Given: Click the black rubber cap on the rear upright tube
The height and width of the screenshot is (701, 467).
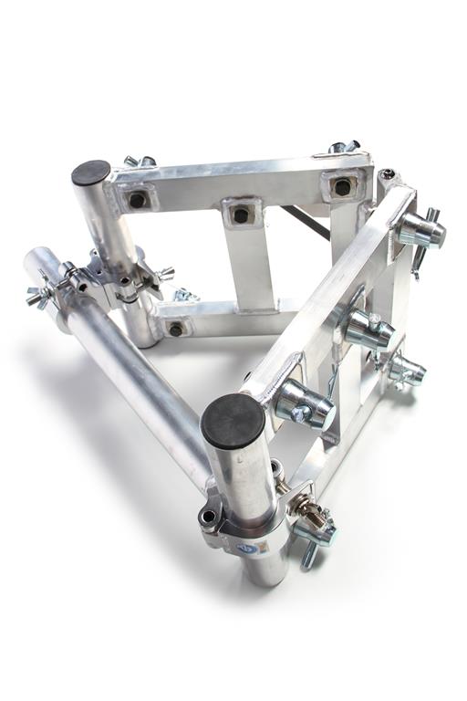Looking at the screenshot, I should (90, 172).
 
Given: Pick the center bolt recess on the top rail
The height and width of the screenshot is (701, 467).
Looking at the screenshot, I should (240, 214).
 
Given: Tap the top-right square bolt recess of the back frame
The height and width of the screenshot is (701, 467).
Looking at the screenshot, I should (342, 187).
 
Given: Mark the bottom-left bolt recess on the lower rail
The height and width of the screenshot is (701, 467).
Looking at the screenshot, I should (175, 329).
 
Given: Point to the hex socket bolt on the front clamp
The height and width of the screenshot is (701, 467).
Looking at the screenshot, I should (209, 517).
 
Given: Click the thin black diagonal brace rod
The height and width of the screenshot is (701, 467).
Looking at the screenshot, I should (305, 222).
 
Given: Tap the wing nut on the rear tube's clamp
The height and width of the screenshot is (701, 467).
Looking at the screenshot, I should (165, 273).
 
